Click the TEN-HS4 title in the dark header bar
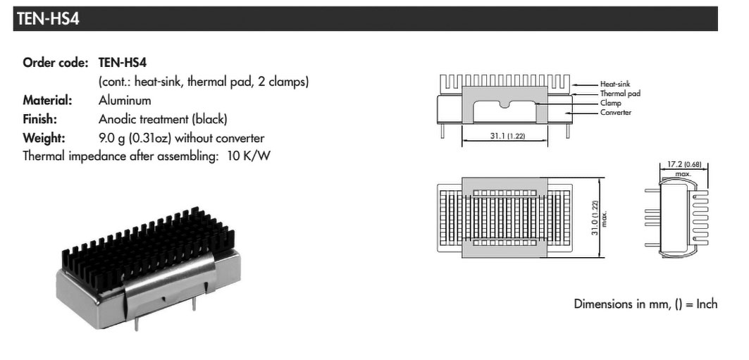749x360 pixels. click(x=48, y=18)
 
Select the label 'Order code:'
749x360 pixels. click(x=56, y=63)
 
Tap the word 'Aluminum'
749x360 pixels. click(x=125, y=100)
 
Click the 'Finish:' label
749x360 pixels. click(x=39, y=119)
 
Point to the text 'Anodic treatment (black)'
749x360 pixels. click(x=163, y=119)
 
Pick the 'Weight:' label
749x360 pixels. click(x=44, y=138)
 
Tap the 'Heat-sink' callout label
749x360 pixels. click(x=615, y=84)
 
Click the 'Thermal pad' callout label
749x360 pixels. click(x=620, y=94)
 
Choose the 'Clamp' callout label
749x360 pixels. click(x=610, y=103)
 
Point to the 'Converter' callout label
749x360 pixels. click(x=616, y=112)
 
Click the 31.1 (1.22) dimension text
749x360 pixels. click(x=507, y=135)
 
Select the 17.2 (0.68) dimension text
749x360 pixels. click(x=683, y=165)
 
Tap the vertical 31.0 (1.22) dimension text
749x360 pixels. click(x=595, y=218)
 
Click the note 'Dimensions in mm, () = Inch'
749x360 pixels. click(x=645, y=304)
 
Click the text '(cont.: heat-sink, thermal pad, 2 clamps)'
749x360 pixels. click(x=204, y=82)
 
